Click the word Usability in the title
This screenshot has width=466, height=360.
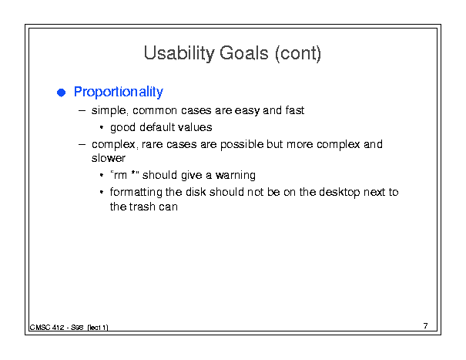tap(179, 54)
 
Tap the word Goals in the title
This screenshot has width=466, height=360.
tap(244, 53)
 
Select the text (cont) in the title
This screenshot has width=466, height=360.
tap(298, 54)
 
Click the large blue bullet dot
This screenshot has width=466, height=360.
tap(61, 93)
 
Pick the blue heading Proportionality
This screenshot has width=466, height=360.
tap(119, 92)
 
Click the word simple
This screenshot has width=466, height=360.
tap(109, 111)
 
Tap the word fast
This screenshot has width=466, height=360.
tap(295, 110)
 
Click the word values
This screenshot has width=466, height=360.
tap(195, 127)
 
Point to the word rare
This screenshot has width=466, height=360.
tap(152, 145)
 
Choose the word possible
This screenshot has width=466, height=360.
tap(242, 145)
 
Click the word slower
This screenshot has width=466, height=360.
tap(109, 158)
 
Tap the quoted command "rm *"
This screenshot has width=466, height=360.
tap(125, 175)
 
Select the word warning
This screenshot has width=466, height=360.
tap(236, 176)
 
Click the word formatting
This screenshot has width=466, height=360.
tap(136, 193)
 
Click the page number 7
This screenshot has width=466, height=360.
tap(426, 326)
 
